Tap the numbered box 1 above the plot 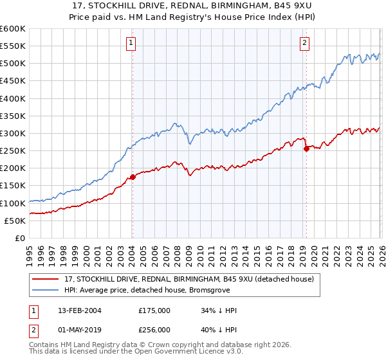pos(131,43)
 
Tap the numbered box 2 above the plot pos(304,43)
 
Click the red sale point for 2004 pos(133,177)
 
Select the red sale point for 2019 pos(306,148)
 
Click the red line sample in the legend pos(46,279)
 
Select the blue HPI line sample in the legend pos(46,290)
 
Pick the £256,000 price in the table pos(154,329)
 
